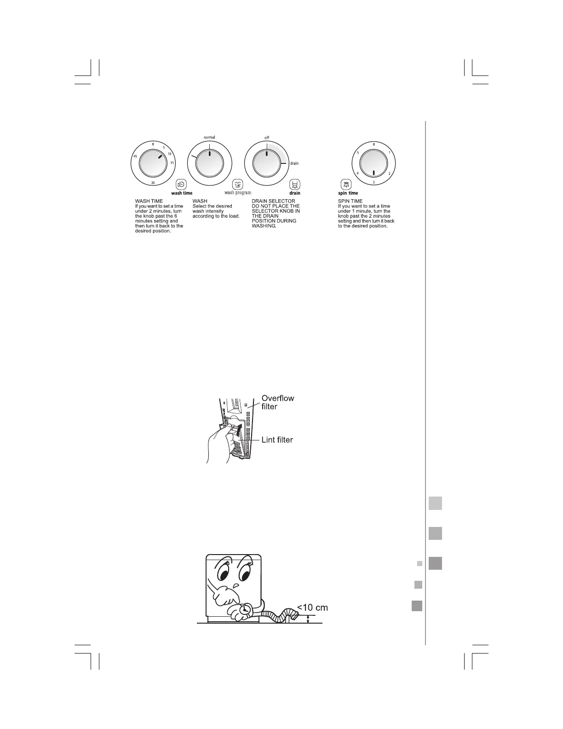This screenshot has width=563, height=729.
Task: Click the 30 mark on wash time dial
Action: pyautogui.click(x=152, y=183)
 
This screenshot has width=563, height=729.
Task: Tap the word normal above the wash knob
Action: pyautogui.click(x=209, y=137)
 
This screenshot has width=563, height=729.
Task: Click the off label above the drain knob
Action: pyautogui.click(x=267, y=138)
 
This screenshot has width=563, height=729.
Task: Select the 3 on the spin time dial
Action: pyautogui.click(x=373, y=182)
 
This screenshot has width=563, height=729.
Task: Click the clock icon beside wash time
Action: pyautogui.click(x=181, y=184)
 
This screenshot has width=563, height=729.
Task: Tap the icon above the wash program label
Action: pyautogui.click(x=237, y=184)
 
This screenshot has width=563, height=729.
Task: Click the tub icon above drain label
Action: pyautogui.click(x=294, y=184)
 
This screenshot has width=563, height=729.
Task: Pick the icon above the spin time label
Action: pyautogui.click(x=345, y=184)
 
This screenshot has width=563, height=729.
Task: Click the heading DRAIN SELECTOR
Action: pyautogui.click(x=273, y=201)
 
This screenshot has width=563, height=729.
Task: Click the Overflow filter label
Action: pyautogui.click(x=277, y=402)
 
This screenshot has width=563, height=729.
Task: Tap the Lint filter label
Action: pyautogui.click(x=277, y=440)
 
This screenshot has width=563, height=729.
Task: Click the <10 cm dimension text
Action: pyautogui.click(x=312, y=607)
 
